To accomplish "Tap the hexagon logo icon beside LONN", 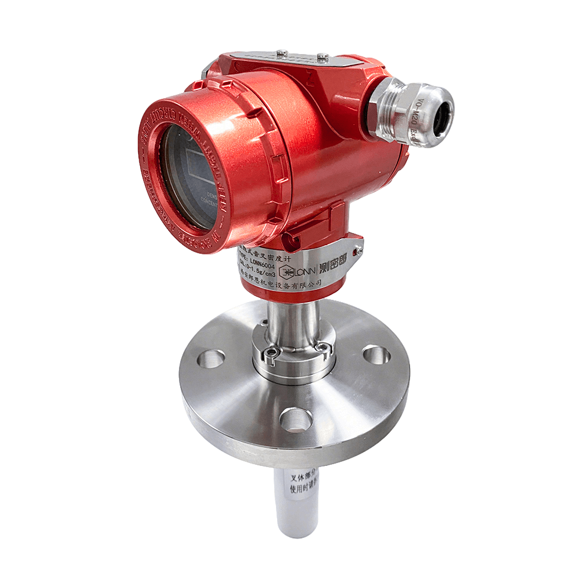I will click(x=285, y=271).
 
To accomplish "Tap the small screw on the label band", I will click(x=360, y=250).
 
